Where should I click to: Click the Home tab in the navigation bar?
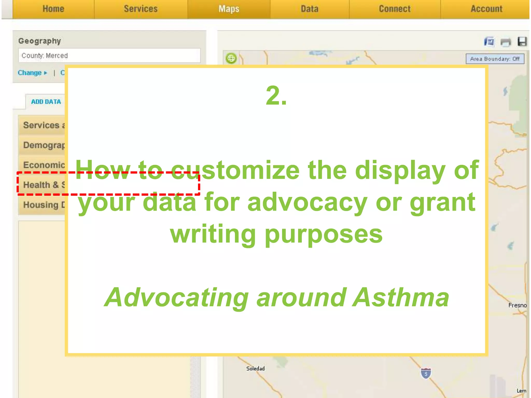53,9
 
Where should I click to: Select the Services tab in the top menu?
141,9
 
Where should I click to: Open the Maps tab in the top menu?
229,9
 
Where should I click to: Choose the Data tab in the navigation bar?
310,9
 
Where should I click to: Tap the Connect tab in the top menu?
395,9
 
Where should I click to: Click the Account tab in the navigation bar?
486,9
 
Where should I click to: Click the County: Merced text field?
109,55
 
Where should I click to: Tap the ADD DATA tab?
46,102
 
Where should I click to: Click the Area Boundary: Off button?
495,59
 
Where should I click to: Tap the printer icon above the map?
505,42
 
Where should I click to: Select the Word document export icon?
489,42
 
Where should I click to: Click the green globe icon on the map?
231,58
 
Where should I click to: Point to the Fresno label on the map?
517,305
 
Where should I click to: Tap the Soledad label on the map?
255,368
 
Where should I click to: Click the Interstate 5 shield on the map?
426,373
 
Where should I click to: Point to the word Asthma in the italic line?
401,297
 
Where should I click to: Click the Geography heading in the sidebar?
39,41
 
